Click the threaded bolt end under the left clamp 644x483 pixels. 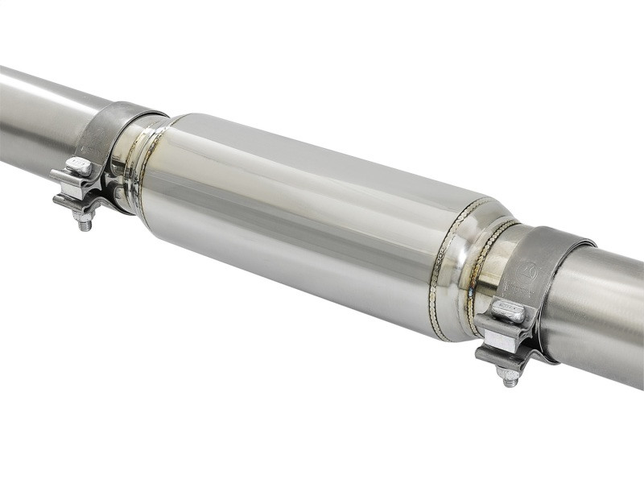pos(84,222)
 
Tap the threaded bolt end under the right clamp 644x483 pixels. pos(510,377)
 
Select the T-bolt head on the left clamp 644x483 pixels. pos(78,166)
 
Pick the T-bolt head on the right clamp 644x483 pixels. pos(507,310)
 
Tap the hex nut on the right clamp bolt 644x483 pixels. pos(507,364)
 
